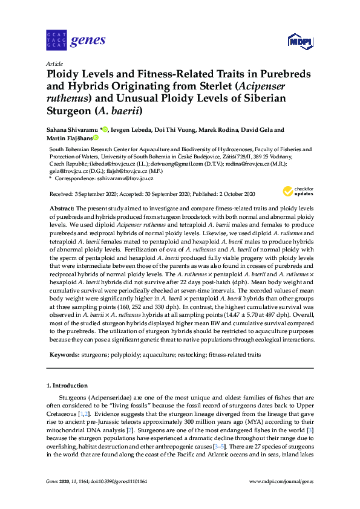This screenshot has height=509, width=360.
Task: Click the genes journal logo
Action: (x=76, y=41)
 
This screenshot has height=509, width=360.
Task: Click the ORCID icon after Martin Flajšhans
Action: (x=96, y=138)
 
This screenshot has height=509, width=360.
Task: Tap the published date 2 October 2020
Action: (x=234, y=194)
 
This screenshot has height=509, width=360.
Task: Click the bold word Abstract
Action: (x=62, y=207)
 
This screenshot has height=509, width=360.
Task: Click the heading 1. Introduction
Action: (x=67, y=385)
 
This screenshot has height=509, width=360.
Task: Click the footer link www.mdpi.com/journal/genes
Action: (x=281, y=481)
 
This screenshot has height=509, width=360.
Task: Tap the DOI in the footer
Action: (x=122, y=481)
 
